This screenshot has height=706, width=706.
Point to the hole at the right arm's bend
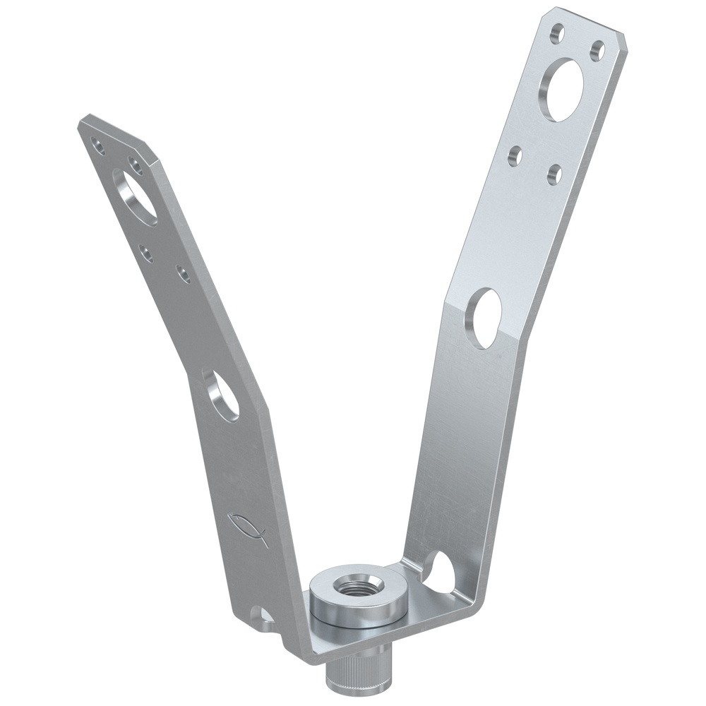(x=484, y=318)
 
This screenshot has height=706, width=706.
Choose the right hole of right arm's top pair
(x=597, y=49)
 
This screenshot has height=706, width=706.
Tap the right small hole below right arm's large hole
(x=555, y=174)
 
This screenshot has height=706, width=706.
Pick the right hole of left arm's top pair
(x=134, y=164)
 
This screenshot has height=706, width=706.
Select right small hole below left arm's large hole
(x=183, y=274)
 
